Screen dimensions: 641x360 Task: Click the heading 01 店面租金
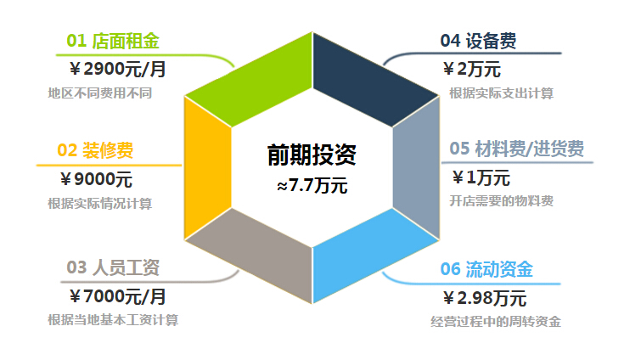coord(113,41)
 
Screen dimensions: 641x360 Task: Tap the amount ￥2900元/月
coord(118,69)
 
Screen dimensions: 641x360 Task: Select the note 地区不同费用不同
coord(99,93)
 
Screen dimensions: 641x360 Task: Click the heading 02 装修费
coord(95,150)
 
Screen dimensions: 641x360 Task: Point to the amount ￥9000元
coord(97,179)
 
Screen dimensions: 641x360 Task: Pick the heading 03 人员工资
coord(113,267)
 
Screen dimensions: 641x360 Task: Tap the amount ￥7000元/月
coord(118,296)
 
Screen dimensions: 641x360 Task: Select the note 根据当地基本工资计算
coord(113,319)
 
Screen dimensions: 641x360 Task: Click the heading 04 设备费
coord(478,41)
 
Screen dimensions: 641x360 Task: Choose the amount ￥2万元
coord(472,69)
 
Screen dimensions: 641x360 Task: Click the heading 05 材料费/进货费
coord(517,149)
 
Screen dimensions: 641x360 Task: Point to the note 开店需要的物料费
coord(502,200)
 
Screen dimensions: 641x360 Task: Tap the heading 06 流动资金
coord(486,269)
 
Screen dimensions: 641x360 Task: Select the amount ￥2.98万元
coord(485,298)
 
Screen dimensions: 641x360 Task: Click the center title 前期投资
coord(312,155)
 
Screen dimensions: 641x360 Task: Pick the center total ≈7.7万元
coord(312,185)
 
